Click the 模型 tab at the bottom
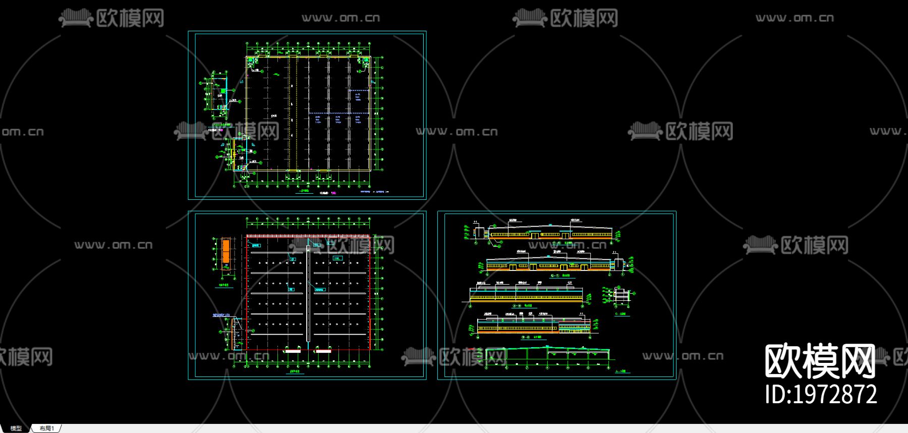tap(16, 428)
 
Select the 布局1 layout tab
tap(46, 428)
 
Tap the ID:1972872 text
tap(821, 395)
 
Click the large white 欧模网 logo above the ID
tap(820, 361)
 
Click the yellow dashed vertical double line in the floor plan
tap(290, 114)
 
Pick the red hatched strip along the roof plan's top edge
tap(308, 236)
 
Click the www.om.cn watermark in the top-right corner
tap(794, 18)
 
